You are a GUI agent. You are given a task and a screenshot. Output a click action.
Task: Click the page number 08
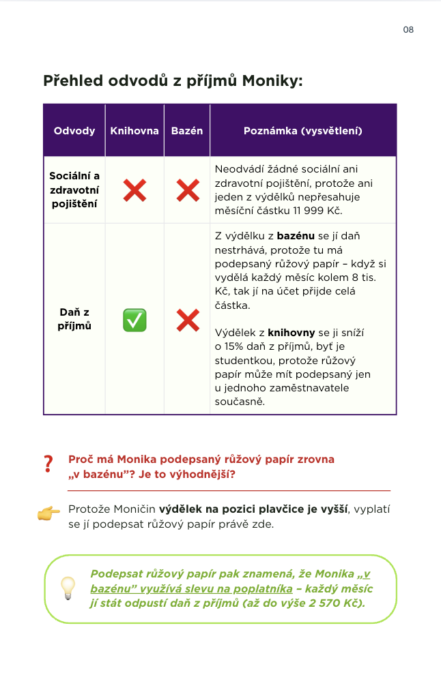408,29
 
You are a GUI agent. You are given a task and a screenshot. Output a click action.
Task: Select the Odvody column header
74,131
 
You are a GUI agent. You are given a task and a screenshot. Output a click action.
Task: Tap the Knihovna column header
134,131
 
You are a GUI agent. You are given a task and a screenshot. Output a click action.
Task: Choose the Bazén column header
187,131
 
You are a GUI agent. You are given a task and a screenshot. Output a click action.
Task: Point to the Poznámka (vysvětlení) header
302,131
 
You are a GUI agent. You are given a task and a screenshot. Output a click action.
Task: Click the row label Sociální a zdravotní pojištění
74,190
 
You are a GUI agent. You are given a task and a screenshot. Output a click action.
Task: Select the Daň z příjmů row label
74,319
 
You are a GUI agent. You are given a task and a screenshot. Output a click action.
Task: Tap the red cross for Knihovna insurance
134,190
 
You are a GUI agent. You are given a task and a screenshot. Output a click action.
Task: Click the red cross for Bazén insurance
187,190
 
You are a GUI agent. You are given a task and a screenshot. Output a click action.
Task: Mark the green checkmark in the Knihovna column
134,320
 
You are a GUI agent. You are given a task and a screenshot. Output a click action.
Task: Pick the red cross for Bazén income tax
187,320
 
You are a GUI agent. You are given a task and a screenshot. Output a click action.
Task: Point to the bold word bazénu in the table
296,236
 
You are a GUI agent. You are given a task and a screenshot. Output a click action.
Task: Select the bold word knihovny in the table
291,333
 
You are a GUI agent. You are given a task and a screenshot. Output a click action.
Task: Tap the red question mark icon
48,464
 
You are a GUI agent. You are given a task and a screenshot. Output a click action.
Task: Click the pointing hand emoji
48,514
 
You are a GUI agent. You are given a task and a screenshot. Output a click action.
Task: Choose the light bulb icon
68,588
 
